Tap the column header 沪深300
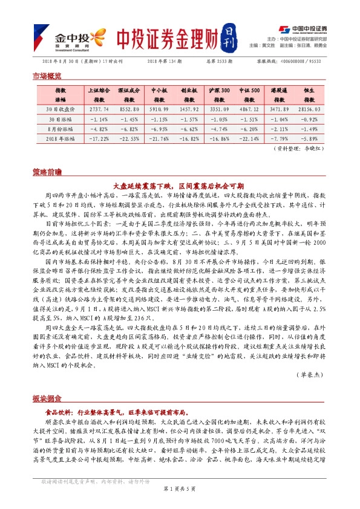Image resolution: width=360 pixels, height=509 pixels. pyautogui.click(x=219, y=89)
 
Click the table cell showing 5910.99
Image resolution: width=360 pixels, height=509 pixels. pyautogui.click(x=159, y=109)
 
